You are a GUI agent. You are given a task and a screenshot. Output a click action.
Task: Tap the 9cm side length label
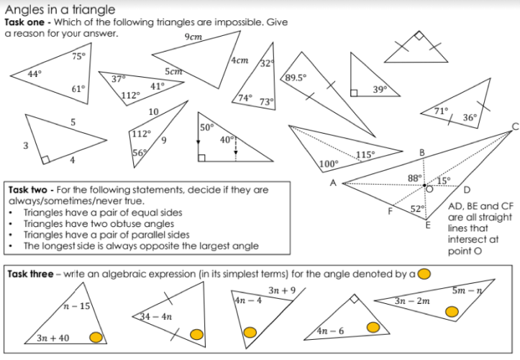coord(192,37)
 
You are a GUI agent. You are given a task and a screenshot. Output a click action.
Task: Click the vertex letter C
coord(514,126)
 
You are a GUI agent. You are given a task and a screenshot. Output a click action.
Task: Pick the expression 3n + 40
coord(53,338)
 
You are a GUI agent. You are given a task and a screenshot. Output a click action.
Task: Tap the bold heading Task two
coord(29,190)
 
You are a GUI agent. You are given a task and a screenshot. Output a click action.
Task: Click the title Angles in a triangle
coord(60,9)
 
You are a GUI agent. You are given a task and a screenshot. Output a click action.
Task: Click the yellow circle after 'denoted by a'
coord(424,273)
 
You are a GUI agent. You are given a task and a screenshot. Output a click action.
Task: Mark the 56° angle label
coord(140,152)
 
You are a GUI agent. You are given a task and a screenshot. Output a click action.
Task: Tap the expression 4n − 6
coord(330,331)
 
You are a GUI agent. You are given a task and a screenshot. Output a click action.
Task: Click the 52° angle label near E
coord(417,209)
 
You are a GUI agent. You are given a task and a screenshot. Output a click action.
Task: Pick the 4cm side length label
coord(240,61)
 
